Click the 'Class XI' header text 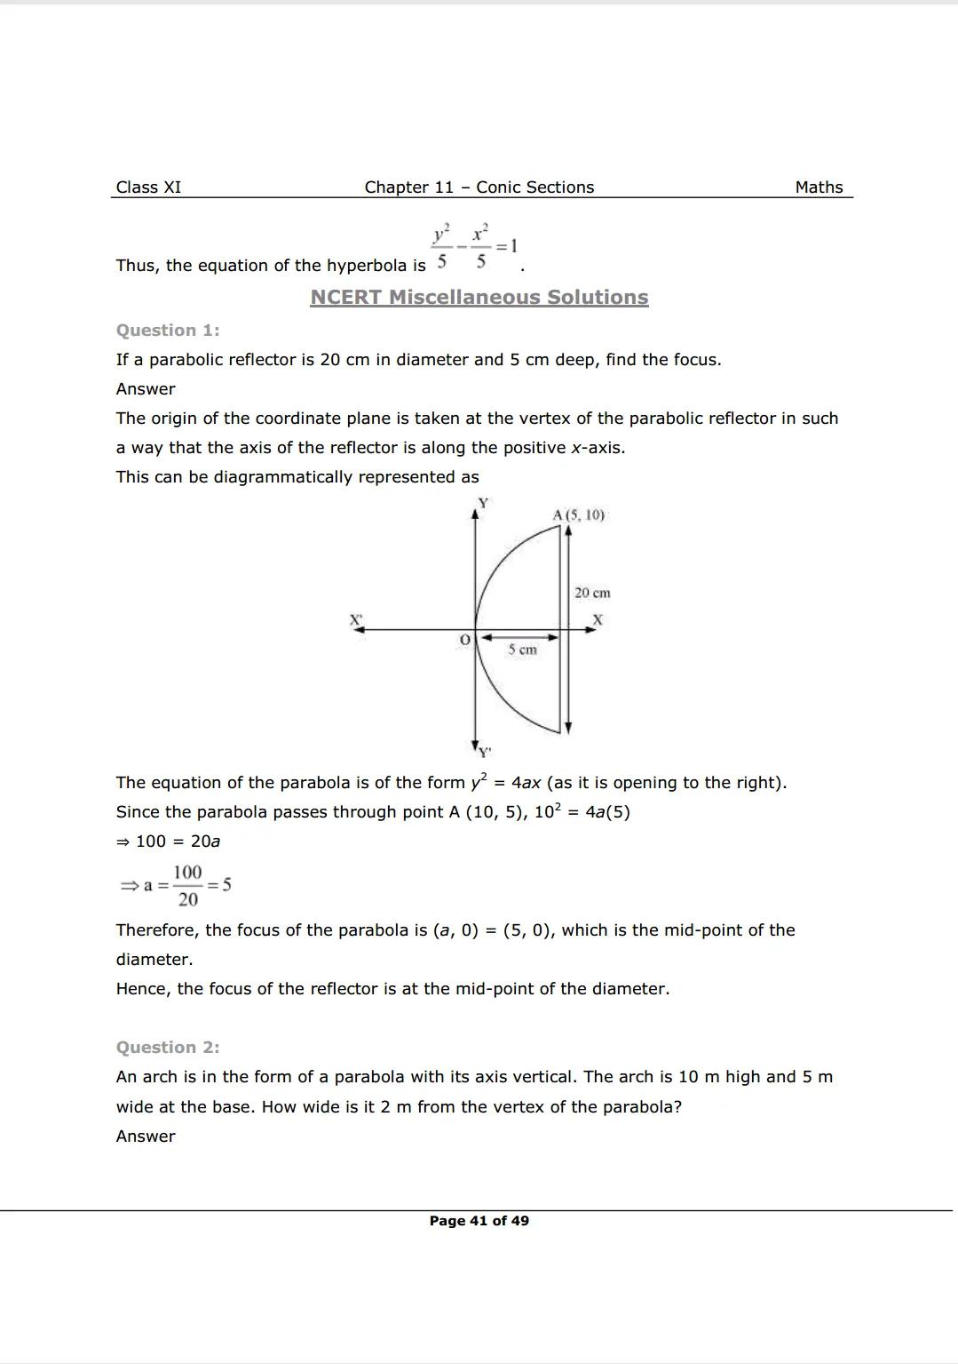click(x=148, y=187)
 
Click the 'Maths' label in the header click(x=819, y=187)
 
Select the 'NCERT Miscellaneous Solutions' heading click(x=479, y=298)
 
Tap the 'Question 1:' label click(x=168, y=331)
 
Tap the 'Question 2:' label click(x=168, y=1048)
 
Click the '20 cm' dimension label click(x=592, y=593)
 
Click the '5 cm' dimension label click(x=522, y=650)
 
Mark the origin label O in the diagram click(x=464, y=640)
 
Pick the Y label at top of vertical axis click(x=483, y=503)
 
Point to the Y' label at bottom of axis click(x=485, y=753)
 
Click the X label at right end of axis click(x=598, y=619)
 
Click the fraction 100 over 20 click(x=187, y=885)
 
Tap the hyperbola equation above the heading click(x=475, y=246)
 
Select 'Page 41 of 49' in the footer click(x=479, y=1221)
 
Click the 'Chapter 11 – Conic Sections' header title click(x=479, y=187)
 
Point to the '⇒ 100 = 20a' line click(x=169, y=842)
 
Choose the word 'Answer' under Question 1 click(x=146, y=389)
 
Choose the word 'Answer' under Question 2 click(x=146, y=1137)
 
